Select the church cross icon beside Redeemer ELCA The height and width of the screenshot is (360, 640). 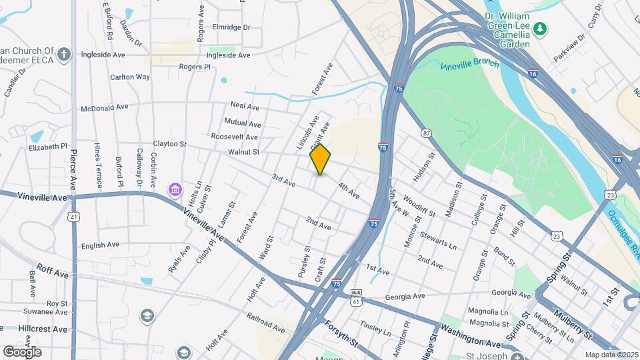click(63, 54)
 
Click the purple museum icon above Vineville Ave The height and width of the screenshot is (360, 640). click(175, 190)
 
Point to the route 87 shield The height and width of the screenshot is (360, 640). click(426, 133)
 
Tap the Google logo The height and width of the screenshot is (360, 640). click(22, 351)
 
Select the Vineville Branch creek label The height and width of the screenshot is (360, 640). click(469, 65)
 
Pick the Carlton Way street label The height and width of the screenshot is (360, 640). click(130, 77)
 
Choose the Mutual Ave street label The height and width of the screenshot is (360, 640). click(242, 123)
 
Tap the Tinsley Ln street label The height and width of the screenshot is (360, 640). click(375, 327)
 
